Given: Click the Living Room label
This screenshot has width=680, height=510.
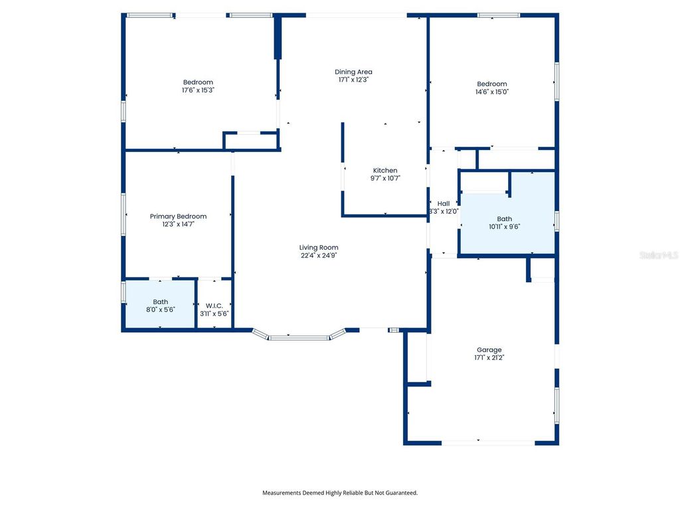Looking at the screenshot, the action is coord(319,248).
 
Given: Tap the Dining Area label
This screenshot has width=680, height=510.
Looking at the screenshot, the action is coord(353,72).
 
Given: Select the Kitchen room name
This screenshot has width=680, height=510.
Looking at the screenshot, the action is coord(385,171).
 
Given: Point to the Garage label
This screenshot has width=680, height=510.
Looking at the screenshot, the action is coord(489,350).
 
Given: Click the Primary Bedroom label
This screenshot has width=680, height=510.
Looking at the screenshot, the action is coord(178,216).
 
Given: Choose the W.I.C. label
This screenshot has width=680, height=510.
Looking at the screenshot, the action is coord(214,305).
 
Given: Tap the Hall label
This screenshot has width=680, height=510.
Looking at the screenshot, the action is coord(444,203).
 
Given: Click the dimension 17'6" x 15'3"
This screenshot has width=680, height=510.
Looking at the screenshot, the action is coord(198,90).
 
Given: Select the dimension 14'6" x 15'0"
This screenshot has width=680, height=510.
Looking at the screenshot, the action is coord(492,92).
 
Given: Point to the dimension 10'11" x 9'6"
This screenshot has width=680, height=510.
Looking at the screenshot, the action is coord(505,226).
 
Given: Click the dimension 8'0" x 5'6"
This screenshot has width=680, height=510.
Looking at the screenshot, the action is coord(161,309).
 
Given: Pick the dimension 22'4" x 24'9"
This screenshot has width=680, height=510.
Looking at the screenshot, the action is coord(319,256).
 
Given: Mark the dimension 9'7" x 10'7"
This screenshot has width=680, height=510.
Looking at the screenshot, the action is coord(385,178).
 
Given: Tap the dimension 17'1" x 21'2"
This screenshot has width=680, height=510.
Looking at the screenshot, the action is coord(489,358).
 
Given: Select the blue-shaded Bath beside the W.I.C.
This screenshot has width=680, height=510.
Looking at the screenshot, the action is coord(159,304).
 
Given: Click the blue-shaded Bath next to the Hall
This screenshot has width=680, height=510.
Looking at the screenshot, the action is coord(507,212).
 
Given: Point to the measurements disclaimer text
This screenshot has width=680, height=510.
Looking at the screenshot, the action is coord(340,493).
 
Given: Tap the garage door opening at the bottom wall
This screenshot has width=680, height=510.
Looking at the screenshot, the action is coord(488,443).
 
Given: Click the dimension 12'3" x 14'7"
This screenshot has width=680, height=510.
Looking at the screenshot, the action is coord(178,224).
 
